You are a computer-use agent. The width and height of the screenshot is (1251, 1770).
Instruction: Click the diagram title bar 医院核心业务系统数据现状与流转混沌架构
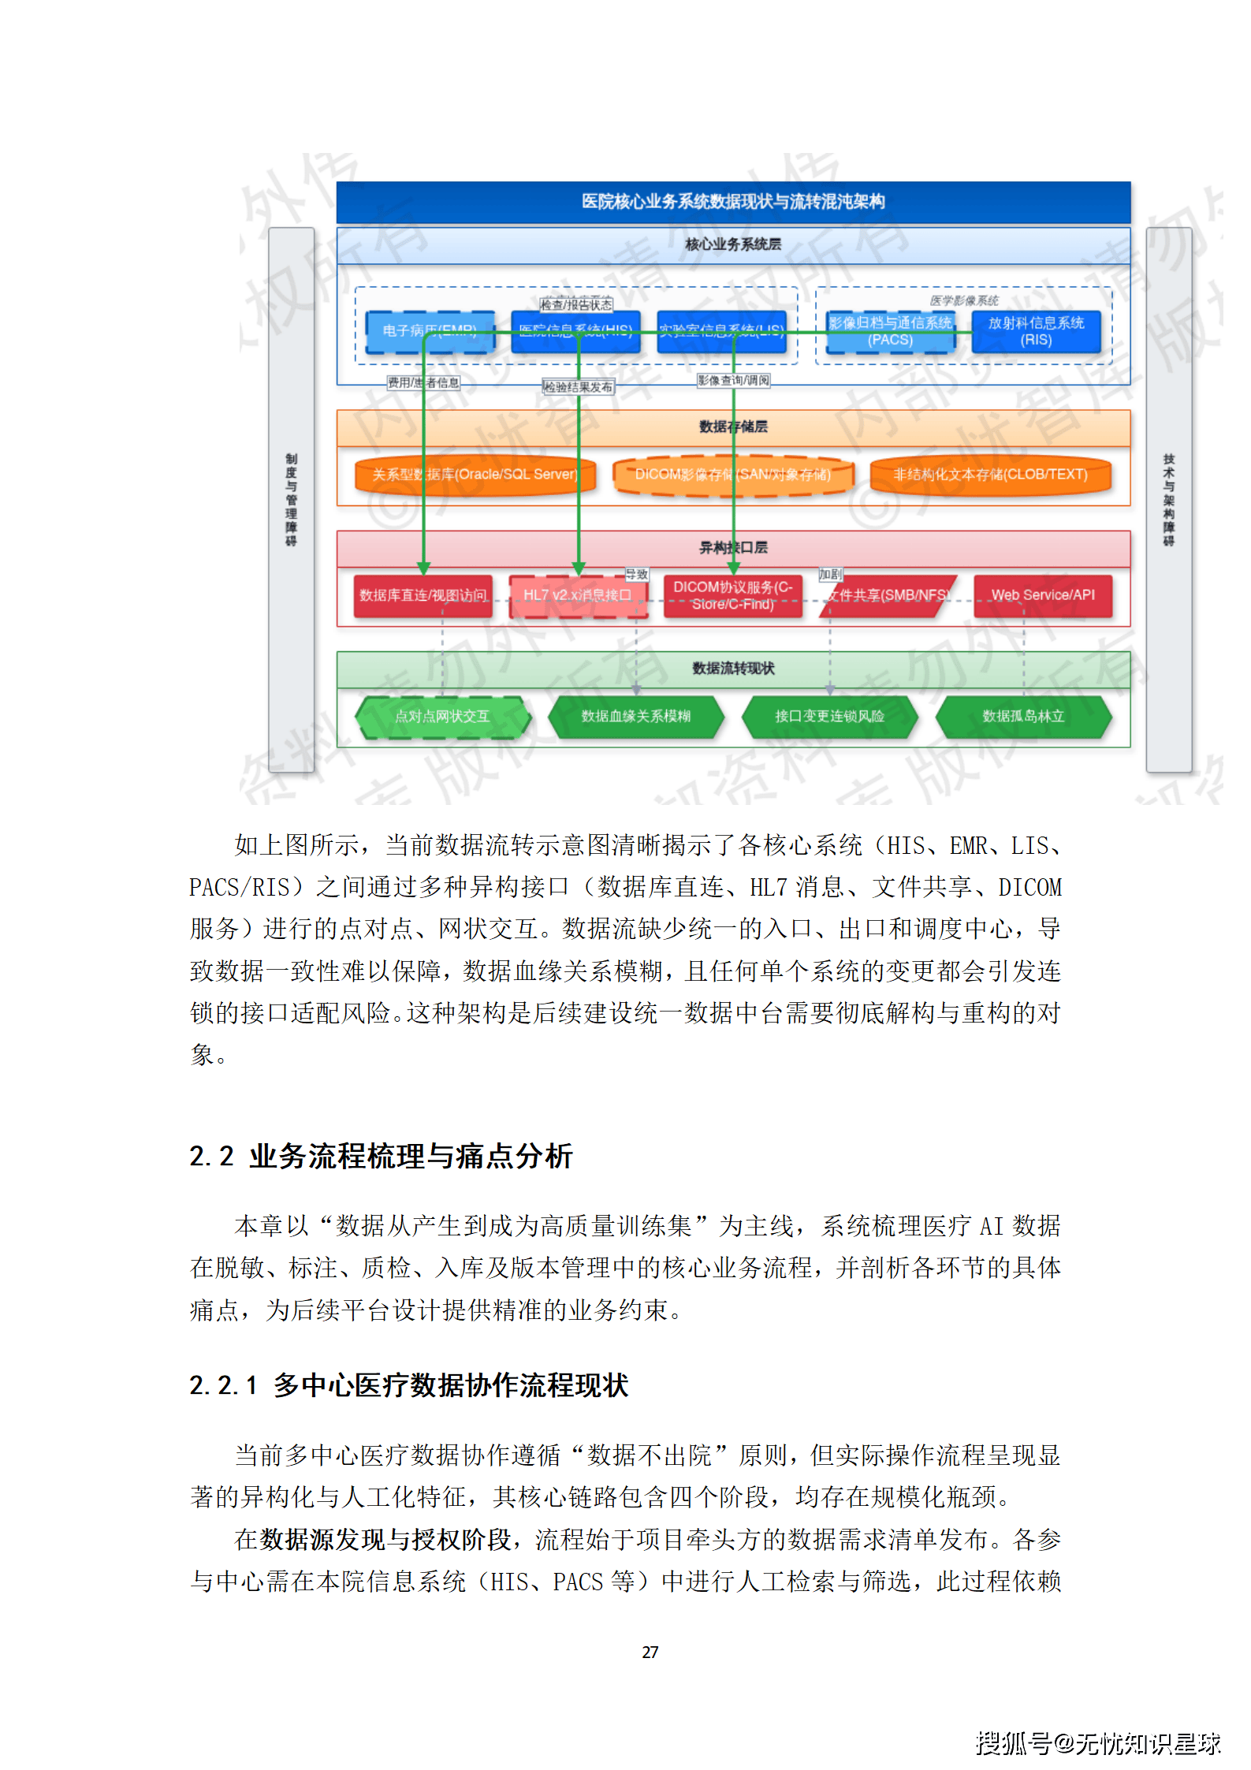click(732, 202)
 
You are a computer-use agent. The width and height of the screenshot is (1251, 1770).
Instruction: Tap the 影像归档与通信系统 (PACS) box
click(890, 331)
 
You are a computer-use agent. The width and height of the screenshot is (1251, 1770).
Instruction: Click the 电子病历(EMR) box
click(430, 330)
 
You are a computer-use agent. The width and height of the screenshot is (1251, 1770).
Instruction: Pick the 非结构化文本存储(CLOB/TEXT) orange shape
click(989, 475)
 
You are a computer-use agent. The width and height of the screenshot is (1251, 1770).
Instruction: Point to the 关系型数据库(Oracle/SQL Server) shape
click(475, 475)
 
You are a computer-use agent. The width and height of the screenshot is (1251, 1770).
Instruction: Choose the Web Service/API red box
click(1042, 595)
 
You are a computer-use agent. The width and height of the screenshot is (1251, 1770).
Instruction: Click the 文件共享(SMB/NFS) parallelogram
click(888, 595)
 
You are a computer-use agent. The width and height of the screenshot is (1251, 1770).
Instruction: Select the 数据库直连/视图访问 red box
click(423, 595)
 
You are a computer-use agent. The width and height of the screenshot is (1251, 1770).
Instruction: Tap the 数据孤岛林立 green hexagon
click(1022, 716)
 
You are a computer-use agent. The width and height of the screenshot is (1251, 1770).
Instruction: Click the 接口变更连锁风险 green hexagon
click(829, 716)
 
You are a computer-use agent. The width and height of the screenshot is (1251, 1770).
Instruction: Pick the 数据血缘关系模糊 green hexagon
click(635, 716)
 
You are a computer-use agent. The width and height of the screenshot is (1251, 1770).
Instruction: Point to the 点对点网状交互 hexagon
click(442, 716)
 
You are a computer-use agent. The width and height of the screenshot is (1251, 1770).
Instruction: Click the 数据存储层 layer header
click(732, 427)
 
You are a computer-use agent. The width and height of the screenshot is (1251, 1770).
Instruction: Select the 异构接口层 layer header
click(732, 547)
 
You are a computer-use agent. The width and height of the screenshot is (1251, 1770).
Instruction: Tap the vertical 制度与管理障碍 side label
click(291, 499)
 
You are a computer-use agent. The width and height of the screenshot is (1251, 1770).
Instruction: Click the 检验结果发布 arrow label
click(578, 387)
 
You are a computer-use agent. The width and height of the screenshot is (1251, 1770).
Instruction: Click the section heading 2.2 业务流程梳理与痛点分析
click(381, 1156)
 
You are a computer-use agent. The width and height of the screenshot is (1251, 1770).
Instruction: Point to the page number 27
click(650, 1652)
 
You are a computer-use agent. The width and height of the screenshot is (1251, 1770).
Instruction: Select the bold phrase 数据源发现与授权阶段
click(385, 1539)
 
